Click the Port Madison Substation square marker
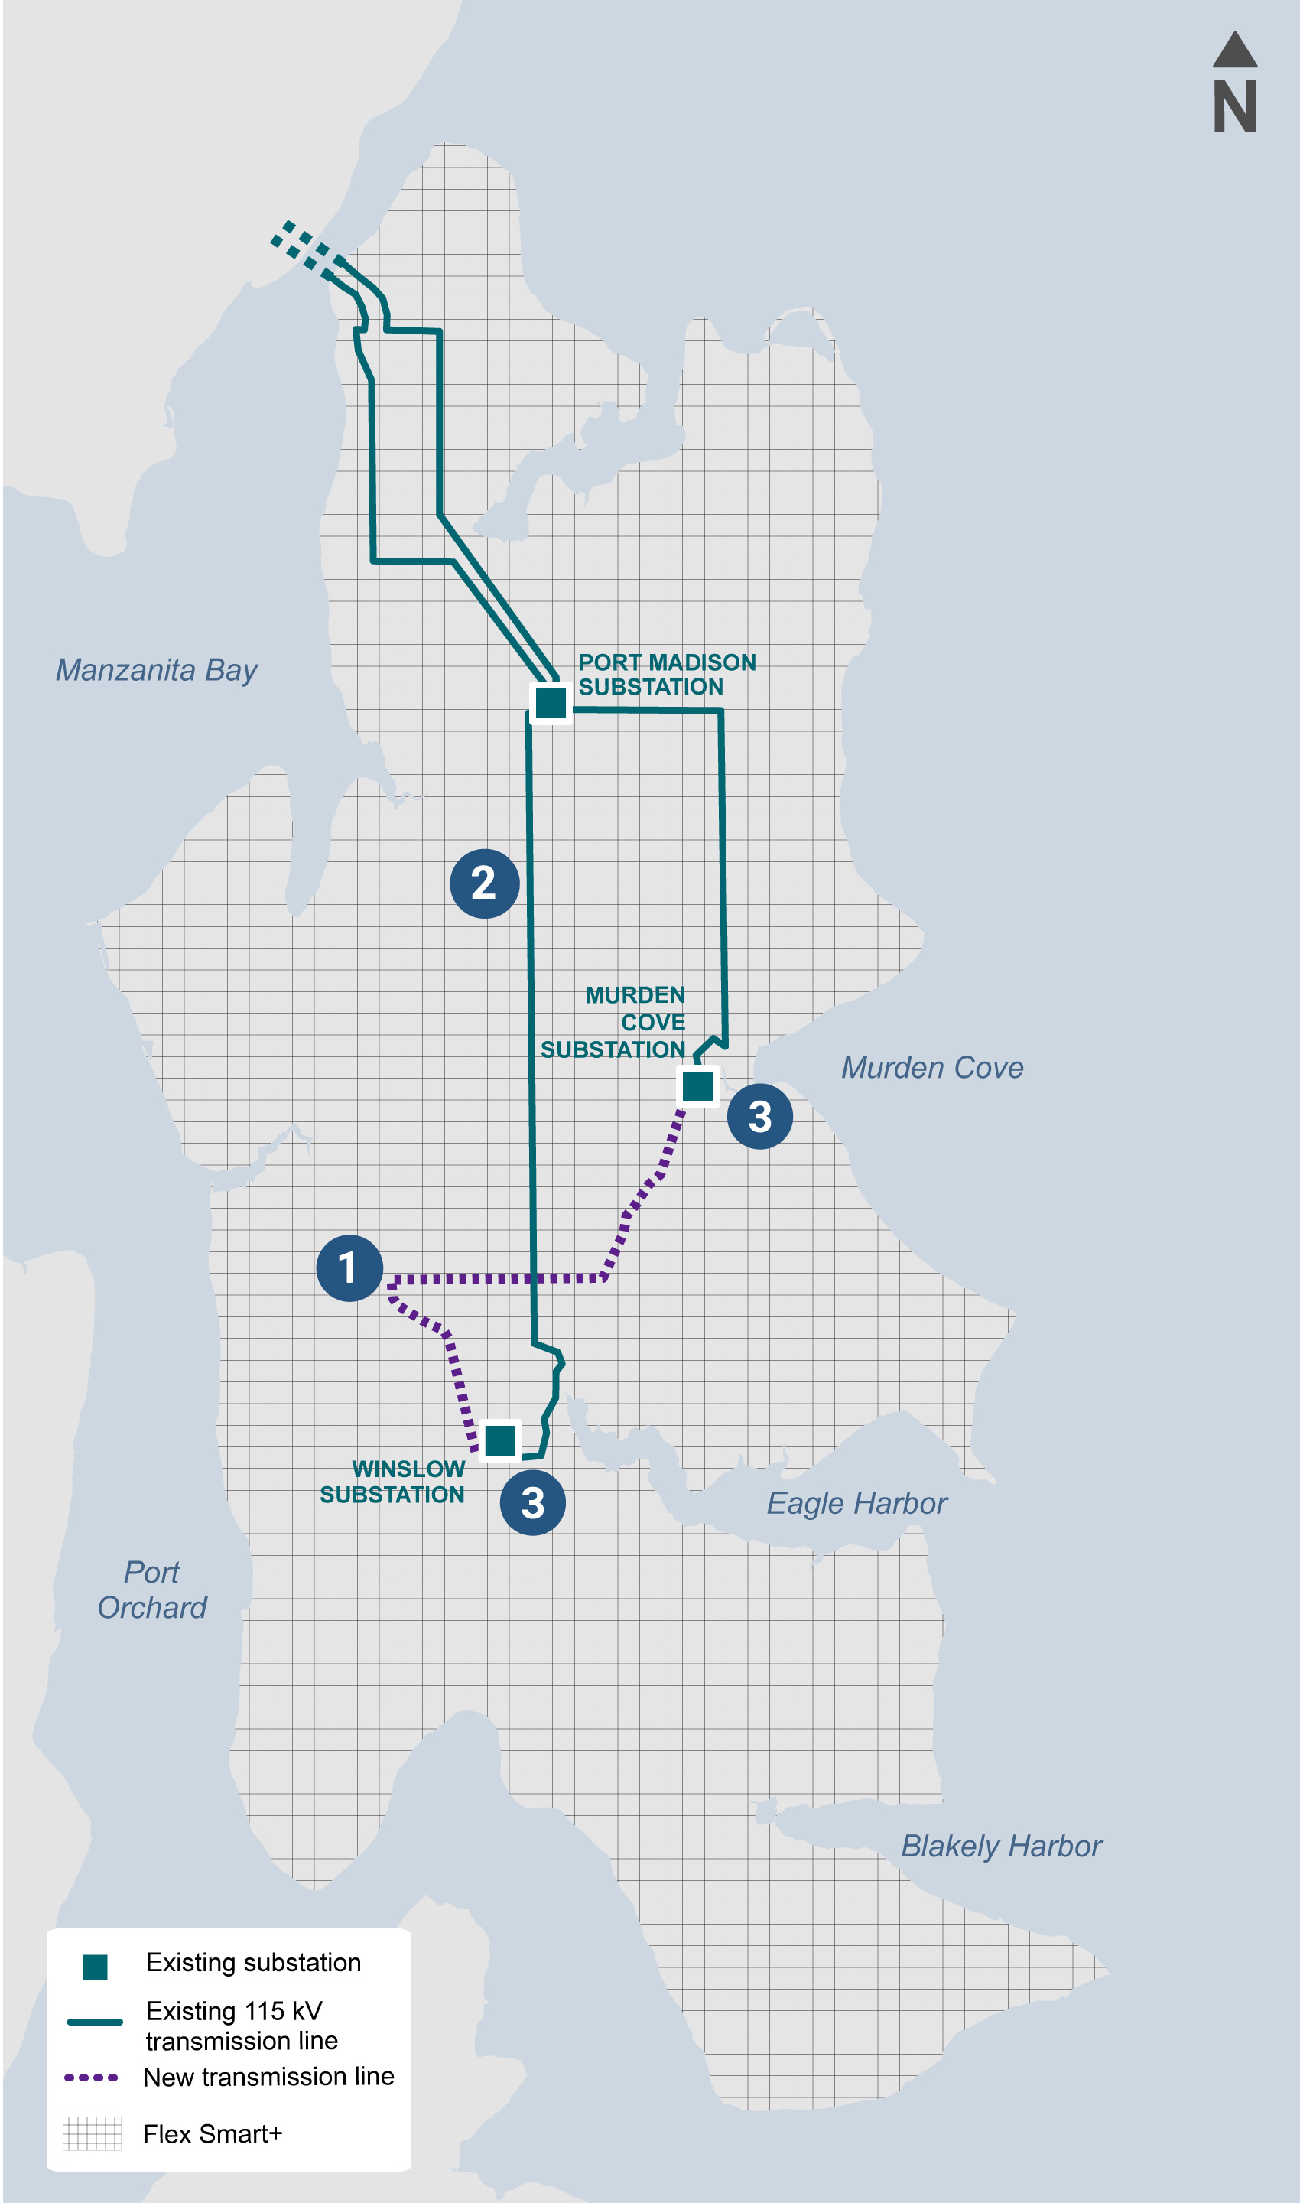pos(551,703)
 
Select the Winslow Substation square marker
pos(500,1440)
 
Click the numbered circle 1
pos(349,1268)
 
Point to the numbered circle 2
pos(484,883)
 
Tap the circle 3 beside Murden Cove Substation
pos(759,1116)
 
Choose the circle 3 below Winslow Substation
pos(532,1503)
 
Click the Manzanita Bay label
pos(157,670)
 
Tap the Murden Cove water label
pos(932,1067)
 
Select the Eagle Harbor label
pos(856,1504)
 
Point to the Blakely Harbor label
pos(1001,1847)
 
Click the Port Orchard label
pos(152,1590)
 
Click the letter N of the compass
pos(1235,107)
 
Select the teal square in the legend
pos(95,1967)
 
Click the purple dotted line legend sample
pos(91,2078)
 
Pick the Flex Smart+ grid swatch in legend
pos(92,2133)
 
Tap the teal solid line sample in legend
pos(95,2022)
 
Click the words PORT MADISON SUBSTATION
pos(666,675)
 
